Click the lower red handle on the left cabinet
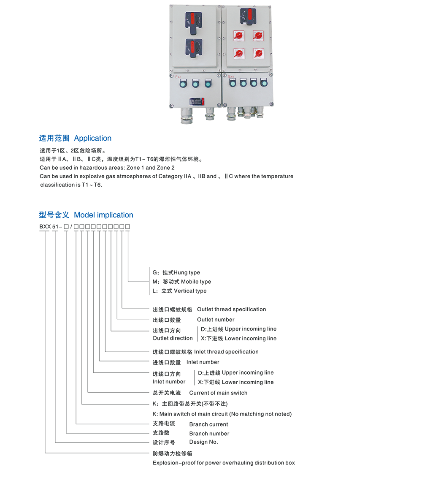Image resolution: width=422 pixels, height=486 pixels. tap(193, 46)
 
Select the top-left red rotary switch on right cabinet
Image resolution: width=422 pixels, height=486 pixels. tap(238, 35)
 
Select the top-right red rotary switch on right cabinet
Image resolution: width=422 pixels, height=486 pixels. tap(258, 35)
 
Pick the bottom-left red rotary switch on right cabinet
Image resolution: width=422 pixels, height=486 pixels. tap(238, 53)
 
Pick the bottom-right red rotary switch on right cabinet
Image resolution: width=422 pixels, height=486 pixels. tap(258, 53)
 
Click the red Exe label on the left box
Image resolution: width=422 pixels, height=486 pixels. tap(178, 77)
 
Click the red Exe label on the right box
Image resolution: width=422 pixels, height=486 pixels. tap(231, 76)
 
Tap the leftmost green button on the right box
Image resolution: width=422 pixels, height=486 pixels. tap(233, 83)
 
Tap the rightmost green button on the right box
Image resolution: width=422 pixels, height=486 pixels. tap(264, 83)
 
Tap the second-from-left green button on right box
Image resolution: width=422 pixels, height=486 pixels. tap(243, 83)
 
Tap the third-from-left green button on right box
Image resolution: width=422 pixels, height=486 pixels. tap(254, 83)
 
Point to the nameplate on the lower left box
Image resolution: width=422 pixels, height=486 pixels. tap(196, 101)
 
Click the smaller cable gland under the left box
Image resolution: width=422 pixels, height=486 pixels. tap(210, 114)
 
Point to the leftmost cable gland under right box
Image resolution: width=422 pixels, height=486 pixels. tap(231, 114)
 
